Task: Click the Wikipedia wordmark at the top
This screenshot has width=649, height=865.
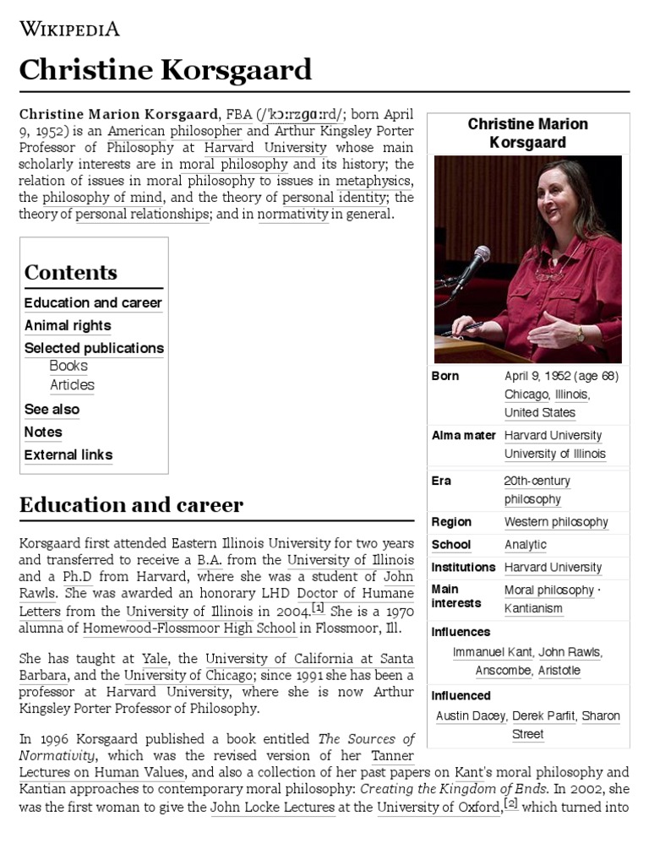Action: point(69,30)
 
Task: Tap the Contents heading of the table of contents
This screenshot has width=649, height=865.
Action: point(70,272)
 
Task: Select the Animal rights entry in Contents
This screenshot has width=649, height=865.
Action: point(68,325)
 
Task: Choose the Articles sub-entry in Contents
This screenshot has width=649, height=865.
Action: point(72,385)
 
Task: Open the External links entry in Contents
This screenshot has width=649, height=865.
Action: point(68,454)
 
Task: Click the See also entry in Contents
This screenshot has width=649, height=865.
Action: point(52,409)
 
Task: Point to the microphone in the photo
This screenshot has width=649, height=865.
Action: point(480,258)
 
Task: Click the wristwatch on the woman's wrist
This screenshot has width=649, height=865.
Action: point(580,334)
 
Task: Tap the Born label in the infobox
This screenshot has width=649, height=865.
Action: point(445,376)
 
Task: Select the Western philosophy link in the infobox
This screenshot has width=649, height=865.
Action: point(556,522)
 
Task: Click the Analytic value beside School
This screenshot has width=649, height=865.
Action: point(526,545)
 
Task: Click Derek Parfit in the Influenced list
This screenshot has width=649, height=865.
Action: point(544,715)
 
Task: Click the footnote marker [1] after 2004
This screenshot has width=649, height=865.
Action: point(318,607)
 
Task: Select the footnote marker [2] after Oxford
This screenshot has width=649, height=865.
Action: point(510,803)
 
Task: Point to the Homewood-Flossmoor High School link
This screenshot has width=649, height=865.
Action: point(177,628)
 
